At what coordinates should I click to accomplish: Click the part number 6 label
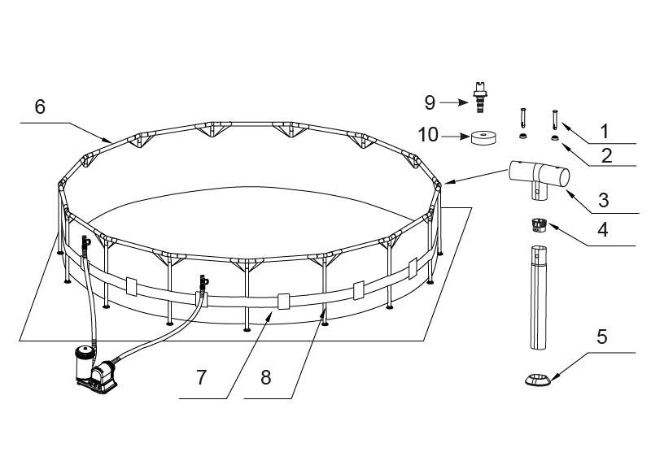point(40,107)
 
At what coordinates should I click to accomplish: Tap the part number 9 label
point(430,102)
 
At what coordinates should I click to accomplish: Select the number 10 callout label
point(428,135)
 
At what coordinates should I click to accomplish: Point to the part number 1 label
point(605,132)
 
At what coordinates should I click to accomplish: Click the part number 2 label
point(606,155)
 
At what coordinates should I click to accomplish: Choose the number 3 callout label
point(604,200)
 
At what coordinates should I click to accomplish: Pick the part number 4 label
point(602,229)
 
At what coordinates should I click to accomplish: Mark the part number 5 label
point(602,337)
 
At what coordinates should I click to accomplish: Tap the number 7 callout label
point(201,377)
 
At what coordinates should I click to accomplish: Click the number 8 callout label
point(266,377)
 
